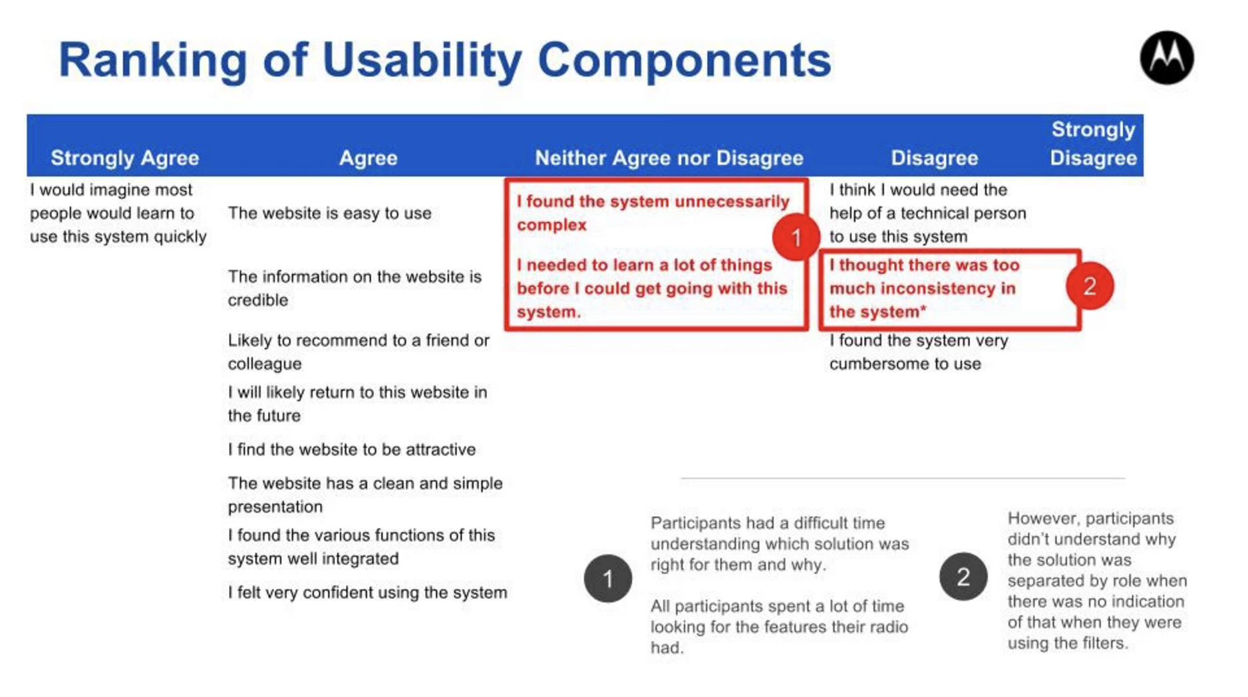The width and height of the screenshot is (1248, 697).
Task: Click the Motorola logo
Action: click(x=1167, y=58)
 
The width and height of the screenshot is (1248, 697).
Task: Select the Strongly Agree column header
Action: click(x=125, y=158)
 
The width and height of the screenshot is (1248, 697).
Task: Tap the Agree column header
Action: click(x=368, y=158)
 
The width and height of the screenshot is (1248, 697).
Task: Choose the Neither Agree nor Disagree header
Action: click(x=669, y=158)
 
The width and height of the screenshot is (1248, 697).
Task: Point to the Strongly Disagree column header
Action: click(x=1093, y=144)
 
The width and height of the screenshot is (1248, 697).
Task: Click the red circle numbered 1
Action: click(x=796, y=237)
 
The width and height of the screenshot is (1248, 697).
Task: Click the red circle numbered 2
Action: click(x=1090, y=286)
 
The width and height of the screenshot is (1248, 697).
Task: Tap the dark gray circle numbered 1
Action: click(x=608, y=579)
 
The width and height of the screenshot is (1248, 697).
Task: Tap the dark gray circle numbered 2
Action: click(x=963, y=577)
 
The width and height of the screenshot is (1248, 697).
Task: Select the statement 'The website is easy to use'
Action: click(x=329, y=213)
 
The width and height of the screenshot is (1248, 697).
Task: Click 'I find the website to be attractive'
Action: click(x=352, y=450)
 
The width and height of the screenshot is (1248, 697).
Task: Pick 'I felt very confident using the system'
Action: click(x=367, y=593)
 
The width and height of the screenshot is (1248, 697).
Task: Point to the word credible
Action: click(x=258, y=300)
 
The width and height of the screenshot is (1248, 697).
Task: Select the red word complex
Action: click(x=551, y=225)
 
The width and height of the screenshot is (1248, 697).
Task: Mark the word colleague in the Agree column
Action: click(x=265, y=364)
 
